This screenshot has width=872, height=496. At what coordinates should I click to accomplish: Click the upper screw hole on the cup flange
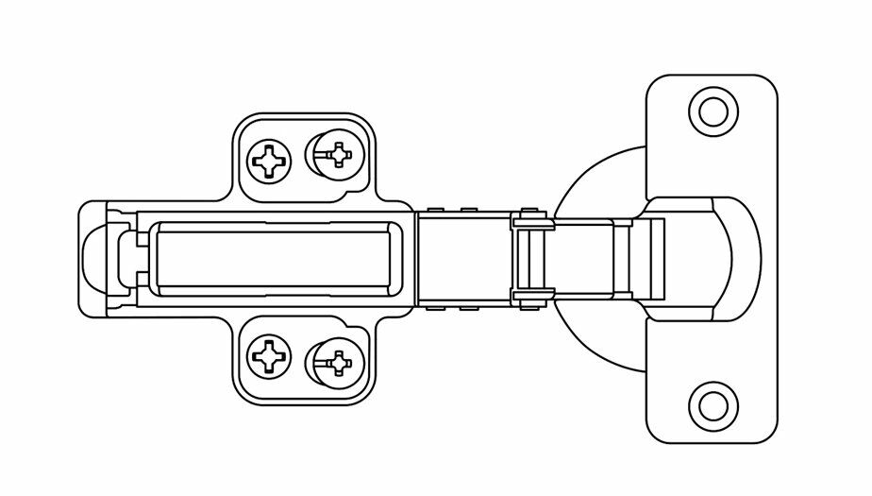tap(713, 111)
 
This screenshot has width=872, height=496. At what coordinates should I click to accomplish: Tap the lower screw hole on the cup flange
tap(713, 405)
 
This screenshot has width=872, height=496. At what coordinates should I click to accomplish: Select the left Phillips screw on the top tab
tap(270, 161)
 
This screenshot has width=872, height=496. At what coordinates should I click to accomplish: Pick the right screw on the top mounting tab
tap(334, 154)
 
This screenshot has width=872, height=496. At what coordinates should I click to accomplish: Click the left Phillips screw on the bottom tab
tap(270, 356)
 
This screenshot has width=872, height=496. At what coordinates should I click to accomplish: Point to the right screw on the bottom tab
tap(334, 361)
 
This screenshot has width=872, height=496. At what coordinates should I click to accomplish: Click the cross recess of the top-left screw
tap(270, 161)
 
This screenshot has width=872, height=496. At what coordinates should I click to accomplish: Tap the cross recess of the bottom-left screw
tap(270, 356)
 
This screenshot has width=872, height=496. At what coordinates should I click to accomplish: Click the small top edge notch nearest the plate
tap(435, 207)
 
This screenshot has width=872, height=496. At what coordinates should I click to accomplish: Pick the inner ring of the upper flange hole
tap(713, 111)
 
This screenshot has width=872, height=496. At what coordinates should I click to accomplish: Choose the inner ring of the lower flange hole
tap(713, 405)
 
